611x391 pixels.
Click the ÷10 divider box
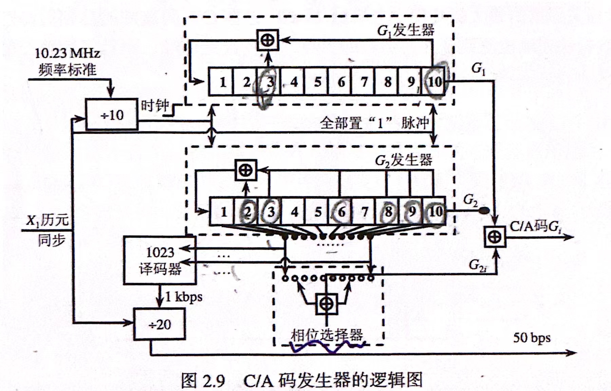point(112,115)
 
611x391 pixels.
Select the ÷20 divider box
point(160,324)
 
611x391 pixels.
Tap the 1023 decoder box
point(160,260)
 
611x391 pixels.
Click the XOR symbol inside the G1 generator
point(268,40)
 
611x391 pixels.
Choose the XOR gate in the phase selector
point(327,304)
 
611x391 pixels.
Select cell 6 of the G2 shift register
point(341,211)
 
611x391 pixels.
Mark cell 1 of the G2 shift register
point(223,211)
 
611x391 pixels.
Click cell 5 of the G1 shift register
point(317,82)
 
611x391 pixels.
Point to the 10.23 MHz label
point(68,53)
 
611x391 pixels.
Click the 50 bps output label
point(532,337)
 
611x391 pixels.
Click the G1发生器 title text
point(406,31)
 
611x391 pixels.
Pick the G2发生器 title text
point(404,160)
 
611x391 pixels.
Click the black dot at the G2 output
point(486,211)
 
